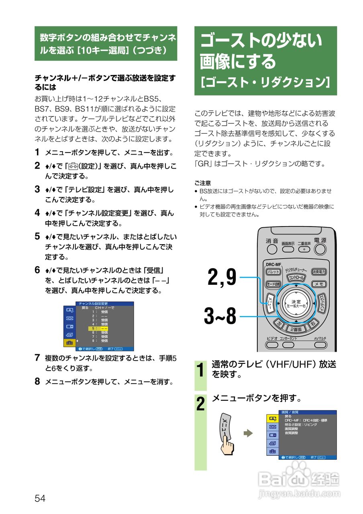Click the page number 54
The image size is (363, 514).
40,498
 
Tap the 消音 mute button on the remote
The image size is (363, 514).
272,249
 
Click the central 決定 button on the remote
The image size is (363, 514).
296,303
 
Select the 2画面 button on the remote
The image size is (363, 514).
296,329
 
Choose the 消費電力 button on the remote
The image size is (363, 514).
319,272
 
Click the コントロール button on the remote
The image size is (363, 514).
296,277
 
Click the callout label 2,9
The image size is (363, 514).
222,277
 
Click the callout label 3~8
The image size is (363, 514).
220,317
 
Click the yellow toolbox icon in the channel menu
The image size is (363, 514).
69,342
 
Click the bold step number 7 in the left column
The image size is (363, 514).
37,357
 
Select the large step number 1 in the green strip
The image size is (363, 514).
200,369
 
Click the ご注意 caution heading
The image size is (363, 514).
202,183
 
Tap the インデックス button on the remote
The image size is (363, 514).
322,303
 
